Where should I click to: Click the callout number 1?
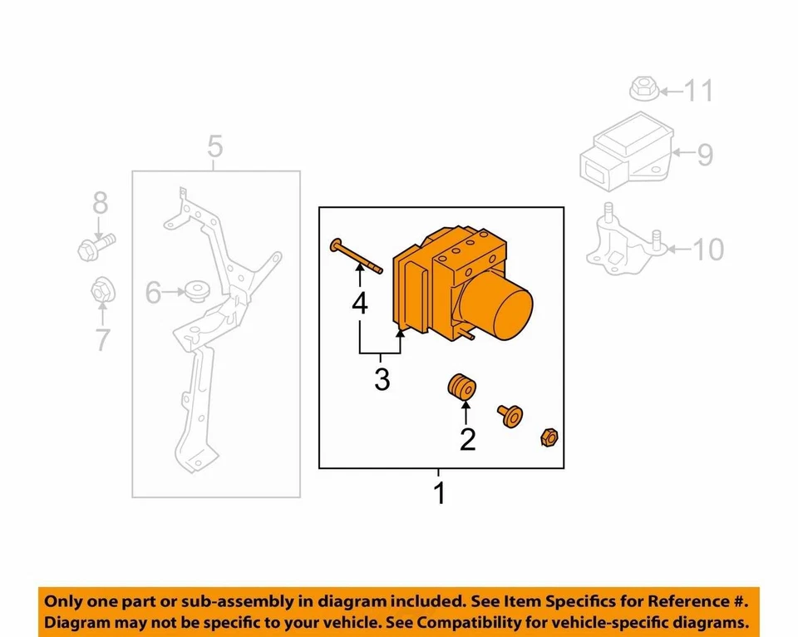[x=439, y=493]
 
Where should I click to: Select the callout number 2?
[x=467, y=438]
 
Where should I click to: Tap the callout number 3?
[x=382, y=379]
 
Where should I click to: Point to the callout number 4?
[x=359, y=304]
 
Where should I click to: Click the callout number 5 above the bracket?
[x=215, y=149]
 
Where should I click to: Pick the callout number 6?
[x=154, y=292]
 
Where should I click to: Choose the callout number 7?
[x=102, y=340]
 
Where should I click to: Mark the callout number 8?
[x=100, y=202]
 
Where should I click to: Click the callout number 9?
[x=704, y=155]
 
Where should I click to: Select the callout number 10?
[x=707, y=249]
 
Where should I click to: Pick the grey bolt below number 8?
[x=94, y=246]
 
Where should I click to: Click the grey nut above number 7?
[x=101, y=290]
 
